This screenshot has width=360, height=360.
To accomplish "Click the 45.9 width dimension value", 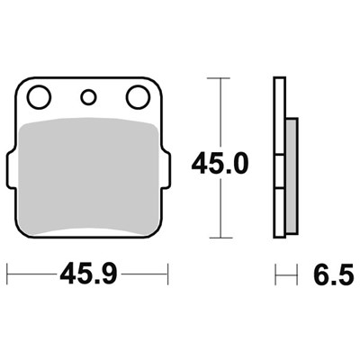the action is pyautogui.click(x=88, y=274).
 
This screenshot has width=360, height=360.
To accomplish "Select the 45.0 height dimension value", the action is pyautogui.click(x=220, y=164).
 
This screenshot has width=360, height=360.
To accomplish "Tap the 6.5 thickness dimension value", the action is pyautogui.click(x=333, y=274).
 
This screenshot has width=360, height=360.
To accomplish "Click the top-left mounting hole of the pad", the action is pyautogui.click(x=39, y=97).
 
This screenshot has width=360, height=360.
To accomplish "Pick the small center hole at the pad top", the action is pyautogui.click(x=88, y=97).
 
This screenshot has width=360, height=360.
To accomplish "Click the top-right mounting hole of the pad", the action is pyautogui.click(x=138, y=97).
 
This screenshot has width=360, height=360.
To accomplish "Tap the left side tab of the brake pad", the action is pyautogui.click(x=11, y=170).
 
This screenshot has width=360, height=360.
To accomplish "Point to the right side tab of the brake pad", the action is pyautogui.click(x=166, y=170).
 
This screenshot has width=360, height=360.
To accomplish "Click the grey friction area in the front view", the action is pyautogui.click(x=88, y=175).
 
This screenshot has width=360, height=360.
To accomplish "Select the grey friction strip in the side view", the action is pyautogui.click(x=292, y=175).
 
